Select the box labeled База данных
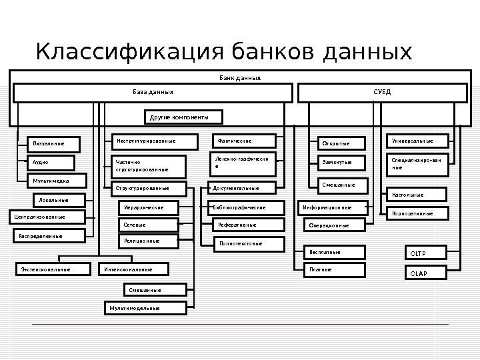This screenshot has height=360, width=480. click(153, 92)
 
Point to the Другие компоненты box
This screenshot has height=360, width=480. click(184, 118)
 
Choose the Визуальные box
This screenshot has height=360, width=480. click(53, 144)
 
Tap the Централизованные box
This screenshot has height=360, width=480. click(46, 217)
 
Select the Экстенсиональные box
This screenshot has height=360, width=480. click(53, 269)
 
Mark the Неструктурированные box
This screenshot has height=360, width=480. click(153, 141)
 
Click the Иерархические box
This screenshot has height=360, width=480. click(149, 208)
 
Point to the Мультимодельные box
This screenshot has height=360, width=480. click(137, 308)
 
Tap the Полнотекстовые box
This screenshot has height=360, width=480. click(250, 243)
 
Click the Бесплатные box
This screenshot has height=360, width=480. click(337, 252)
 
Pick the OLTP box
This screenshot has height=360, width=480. click(425, 253)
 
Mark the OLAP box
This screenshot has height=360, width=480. click(425, 273)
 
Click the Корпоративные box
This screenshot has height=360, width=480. click(416, 213)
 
